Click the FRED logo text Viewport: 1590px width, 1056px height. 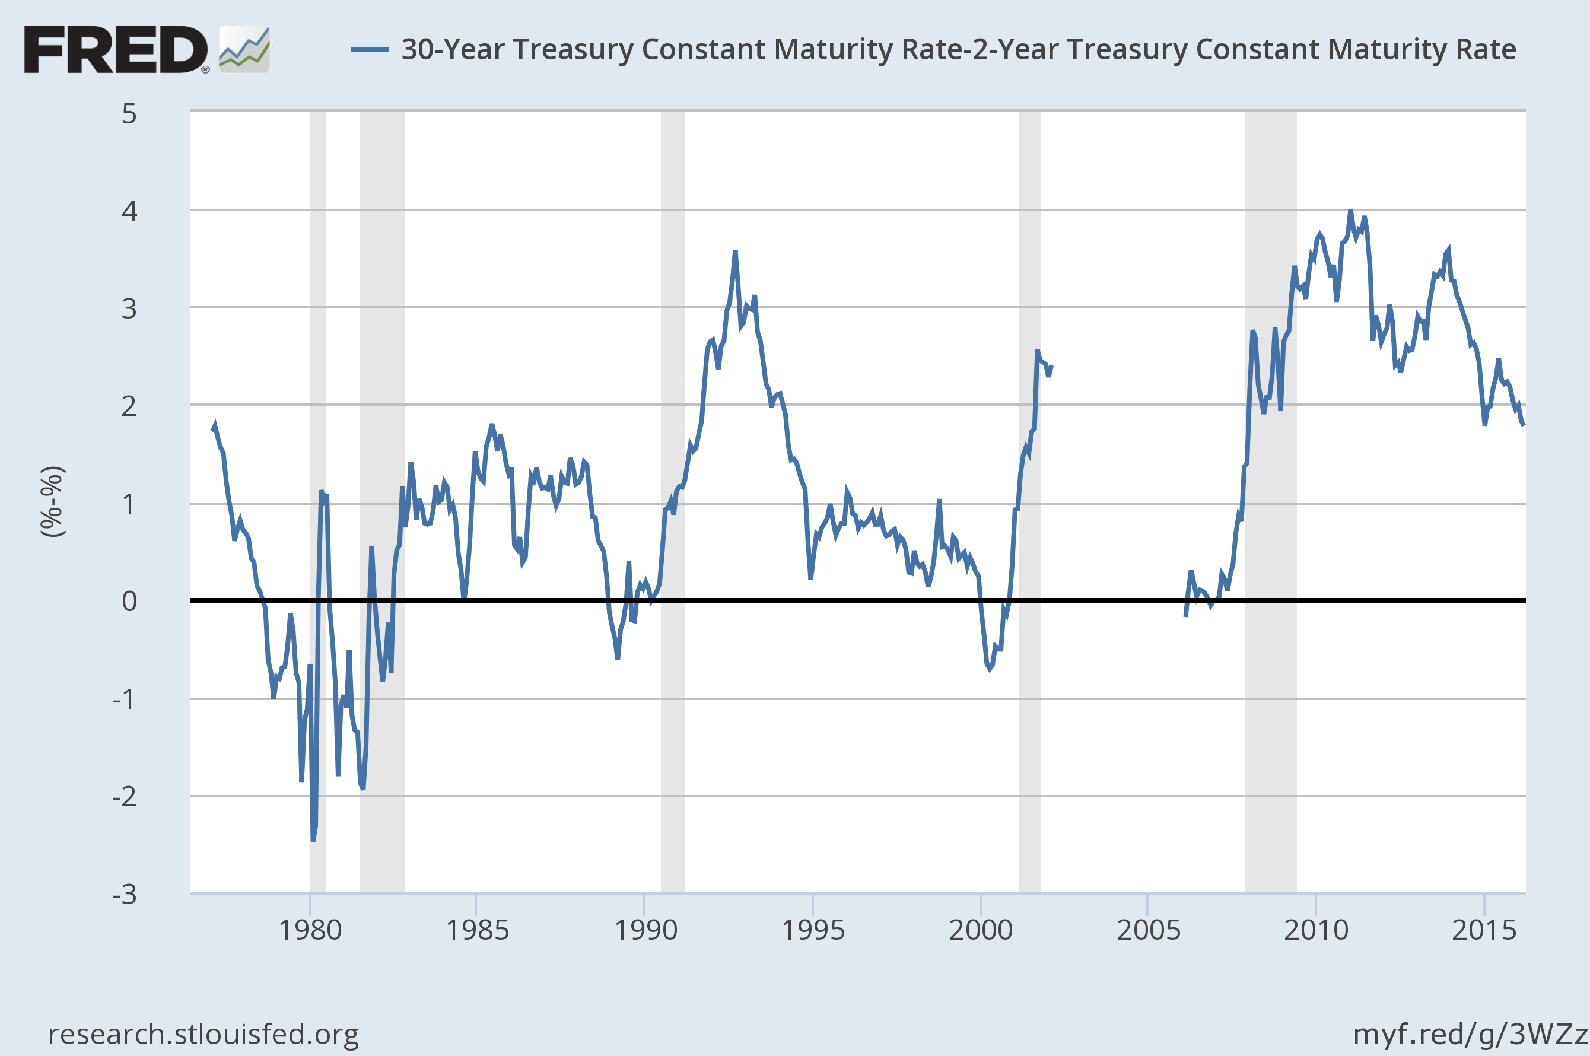tap(116, 49)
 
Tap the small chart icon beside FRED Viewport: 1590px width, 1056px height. tap(244, 49)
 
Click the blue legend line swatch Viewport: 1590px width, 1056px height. tap(370, 50)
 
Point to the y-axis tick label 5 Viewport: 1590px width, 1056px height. tap(129, 114)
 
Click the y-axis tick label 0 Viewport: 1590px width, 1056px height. tap(129, 601)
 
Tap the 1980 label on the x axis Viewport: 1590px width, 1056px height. tap(310, 930)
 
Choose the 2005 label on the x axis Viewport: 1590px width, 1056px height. tap(1148, 930)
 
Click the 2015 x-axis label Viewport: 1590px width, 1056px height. tap(1484, 930)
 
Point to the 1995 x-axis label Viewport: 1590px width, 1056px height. tap(813, 930)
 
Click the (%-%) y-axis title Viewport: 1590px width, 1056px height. tap(53, 502)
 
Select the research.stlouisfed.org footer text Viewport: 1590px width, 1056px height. tap(203, 1034)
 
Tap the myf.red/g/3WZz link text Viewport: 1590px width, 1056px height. tap(1470, 1034)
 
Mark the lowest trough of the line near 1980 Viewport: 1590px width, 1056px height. tap(313, 839)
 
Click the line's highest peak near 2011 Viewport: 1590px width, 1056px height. tap(1350, 211)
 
